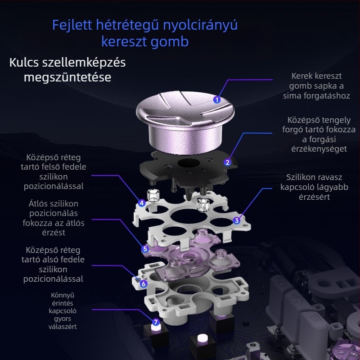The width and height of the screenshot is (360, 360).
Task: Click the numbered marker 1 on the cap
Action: [x=217, y=100]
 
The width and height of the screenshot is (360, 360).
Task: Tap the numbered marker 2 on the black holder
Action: [x=228, y=162]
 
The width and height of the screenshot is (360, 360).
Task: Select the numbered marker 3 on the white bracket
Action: [x=237, y=220]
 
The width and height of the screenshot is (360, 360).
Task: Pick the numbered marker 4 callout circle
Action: [x=142, y=203]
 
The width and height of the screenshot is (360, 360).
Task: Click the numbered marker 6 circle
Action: [x=143, y=283]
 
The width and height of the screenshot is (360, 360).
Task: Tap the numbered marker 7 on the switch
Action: [x=156, y=322]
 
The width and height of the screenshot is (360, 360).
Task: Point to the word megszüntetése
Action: [x=67, y=77]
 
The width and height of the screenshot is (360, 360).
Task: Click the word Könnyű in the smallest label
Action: [x=63, y=295]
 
